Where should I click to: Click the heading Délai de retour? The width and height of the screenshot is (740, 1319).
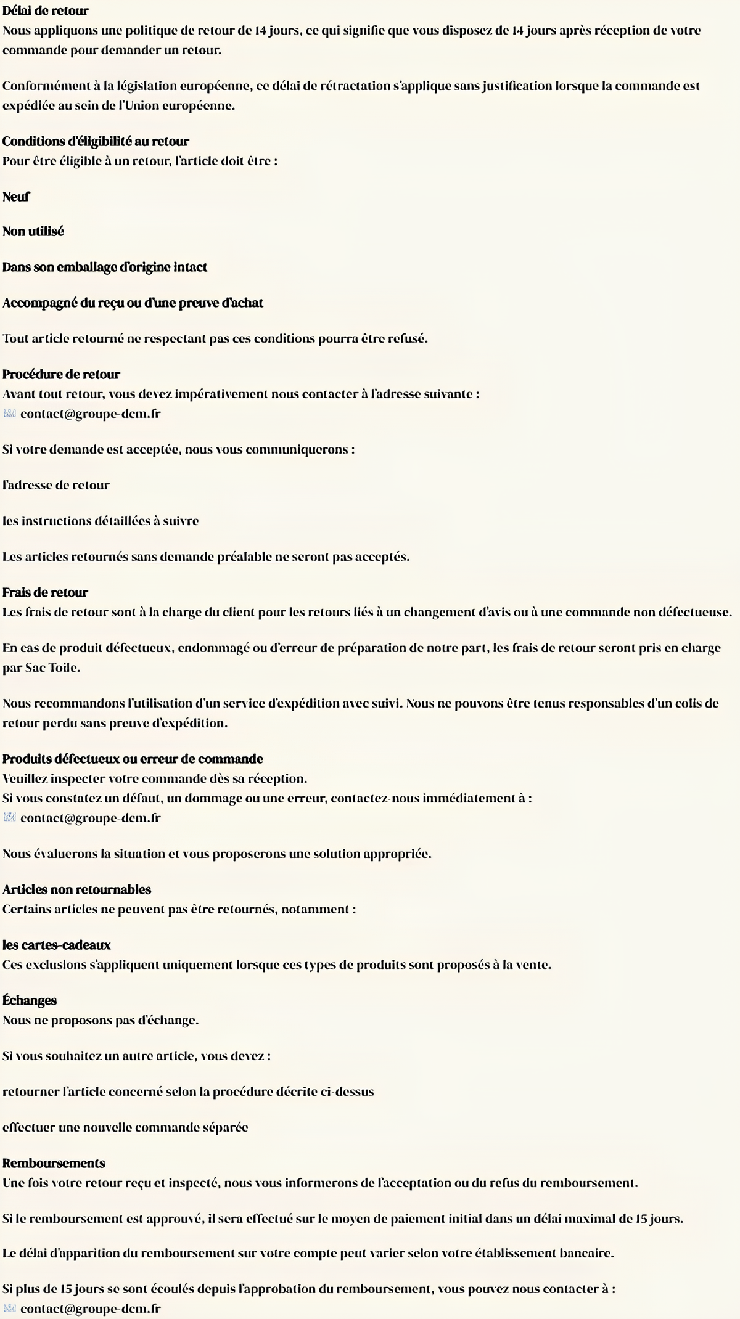tap(46, 10)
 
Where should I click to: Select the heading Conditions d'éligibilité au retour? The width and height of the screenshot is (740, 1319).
tap(96, 141)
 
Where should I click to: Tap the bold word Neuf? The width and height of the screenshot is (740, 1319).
tap(16, 197)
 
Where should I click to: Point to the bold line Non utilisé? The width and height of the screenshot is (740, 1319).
tap(33, 231)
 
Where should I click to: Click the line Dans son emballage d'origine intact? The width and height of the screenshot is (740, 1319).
tap(105, 267)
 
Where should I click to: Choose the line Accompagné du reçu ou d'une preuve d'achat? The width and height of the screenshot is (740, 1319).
tap(133, 303)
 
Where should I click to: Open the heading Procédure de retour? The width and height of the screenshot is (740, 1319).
tap(61, 374)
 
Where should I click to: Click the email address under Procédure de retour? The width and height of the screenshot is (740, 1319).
tap(90, 414)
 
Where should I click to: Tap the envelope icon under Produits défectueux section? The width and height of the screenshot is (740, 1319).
tap(9, 818)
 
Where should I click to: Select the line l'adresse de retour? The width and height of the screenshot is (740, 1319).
tap(56, 485)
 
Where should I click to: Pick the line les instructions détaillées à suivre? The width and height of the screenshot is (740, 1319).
tap(101, 521)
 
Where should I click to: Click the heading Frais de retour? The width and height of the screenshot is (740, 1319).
tap(45, 592)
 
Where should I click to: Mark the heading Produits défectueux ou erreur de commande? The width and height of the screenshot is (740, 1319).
tap(133, 759)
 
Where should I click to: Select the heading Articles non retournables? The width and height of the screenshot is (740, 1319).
tap(76, 889)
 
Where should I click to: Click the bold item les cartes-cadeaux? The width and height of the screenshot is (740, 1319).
tap(57, 945)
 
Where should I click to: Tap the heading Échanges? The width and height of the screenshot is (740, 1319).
tap(30, 1000)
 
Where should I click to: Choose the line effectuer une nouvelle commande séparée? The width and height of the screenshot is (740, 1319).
tap(125, 1127)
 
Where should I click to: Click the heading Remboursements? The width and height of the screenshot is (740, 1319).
tap(54, 1163)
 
